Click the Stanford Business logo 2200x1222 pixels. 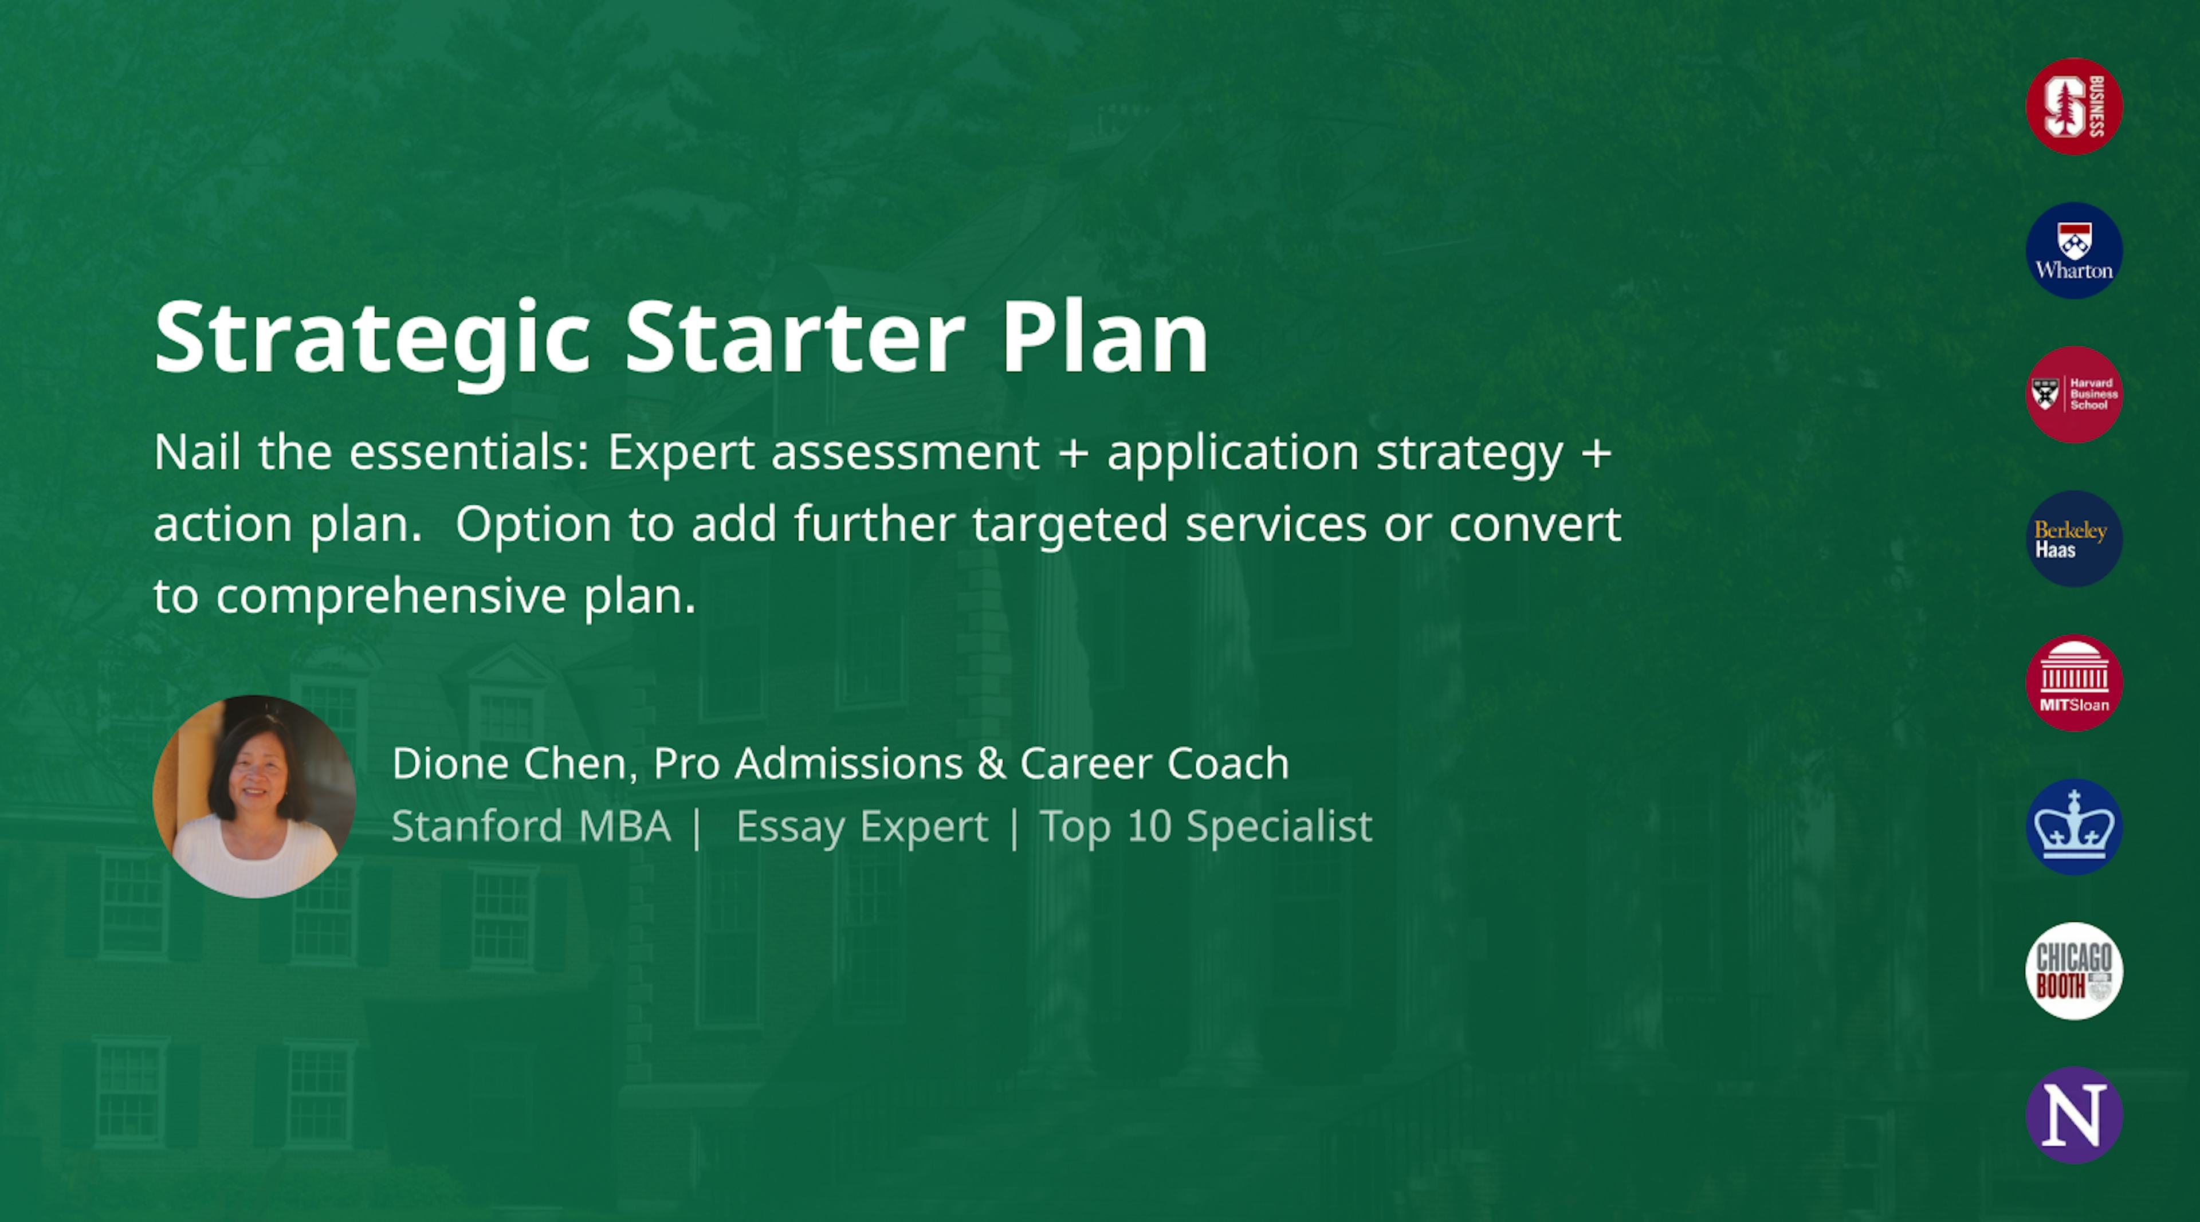(2073, 107)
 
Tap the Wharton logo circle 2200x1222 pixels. (2073, 250)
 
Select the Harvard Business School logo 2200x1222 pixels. (2073, 395)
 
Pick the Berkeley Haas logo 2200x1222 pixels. (2073, 539)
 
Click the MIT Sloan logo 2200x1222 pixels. (2073, 683)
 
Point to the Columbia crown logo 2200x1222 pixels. (2073, 827)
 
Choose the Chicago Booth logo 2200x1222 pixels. (2073, 971)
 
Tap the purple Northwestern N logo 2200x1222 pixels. (2073, 1115)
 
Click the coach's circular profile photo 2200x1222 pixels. (254, 796)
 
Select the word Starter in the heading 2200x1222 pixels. (794, 337)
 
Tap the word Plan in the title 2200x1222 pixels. (1104, 337)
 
